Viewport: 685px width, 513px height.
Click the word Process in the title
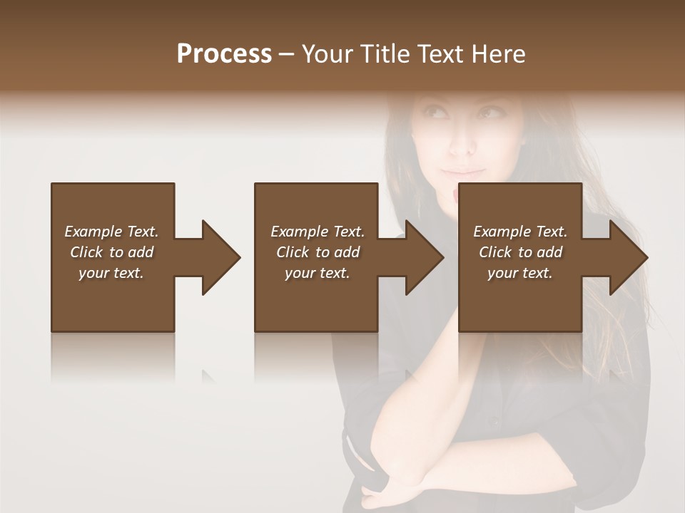(224, 54)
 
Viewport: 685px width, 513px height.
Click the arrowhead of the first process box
(220, 257)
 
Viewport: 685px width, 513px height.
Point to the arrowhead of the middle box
(424, 257)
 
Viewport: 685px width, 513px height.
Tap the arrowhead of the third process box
(628, 257)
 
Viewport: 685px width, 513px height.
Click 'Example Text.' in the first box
(111, 232)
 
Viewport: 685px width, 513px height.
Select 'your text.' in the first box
(111, 273)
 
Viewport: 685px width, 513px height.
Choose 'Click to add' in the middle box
(318, 252)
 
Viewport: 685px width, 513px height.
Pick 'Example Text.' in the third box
(520, 232)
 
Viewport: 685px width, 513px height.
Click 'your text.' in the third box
(520, 273)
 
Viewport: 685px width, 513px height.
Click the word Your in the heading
(327, 54)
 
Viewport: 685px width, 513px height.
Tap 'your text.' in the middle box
(318, 273)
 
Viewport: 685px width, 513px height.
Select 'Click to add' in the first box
(111, 252)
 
